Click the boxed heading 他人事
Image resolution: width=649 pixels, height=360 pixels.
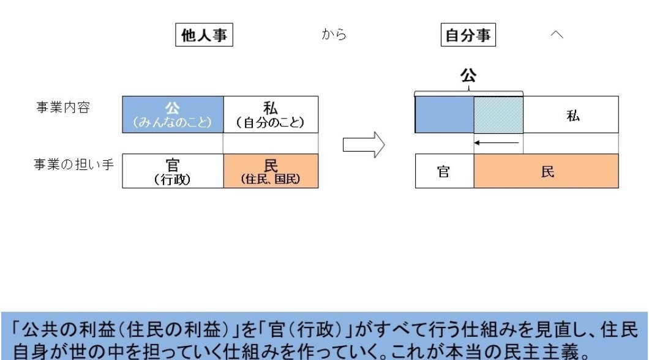[x=204, y=35]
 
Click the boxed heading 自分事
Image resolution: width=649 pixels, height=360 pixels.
[x=468, y=35]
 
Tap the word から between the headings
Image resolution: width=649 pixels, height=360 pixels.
[x=334, y=34]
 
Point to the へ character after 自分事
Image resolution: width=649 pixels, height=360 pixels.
[x=557, y=34]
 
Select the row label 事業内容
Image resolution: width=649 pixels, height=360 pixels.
[x=63, y=108]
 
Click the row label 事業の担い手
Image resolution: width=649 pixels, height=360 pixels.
[x=73, y=164]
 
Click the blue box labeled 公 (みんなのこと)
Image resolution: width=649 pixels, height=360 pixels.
[x=173, y=114]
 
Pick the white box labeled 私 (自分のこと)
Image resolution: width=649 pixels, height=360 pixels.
[x=271, y=114]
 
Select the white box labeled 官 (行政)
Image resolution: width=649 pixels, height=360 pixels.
[x=173, y=171]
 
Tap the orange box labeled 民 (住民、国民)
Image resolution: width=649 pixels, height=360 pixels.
[x=271, y=171]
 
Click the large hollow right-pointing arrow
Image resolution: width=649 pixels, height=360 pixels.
[x=364, y=145]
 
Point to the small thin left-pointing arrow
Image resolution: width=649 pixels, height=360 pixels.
[x=497, y=143]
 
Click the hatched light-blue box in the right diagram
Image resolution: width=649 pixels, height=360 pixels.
[x=498, y=114]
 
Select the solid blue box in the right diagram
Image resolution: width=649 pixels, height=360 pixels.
[x=445, y=114]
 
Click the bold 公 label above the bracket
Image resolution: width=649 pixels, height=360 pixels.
[x=468, y=76]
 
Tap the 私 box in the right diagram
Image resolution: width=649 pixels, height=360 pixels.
[x=571, y=114]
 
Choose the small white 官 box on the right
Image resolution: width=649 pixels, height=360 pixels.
[x=445, y=171]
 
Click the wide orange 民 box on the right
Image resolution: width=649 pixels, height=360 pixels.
[x=546, y=171]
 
